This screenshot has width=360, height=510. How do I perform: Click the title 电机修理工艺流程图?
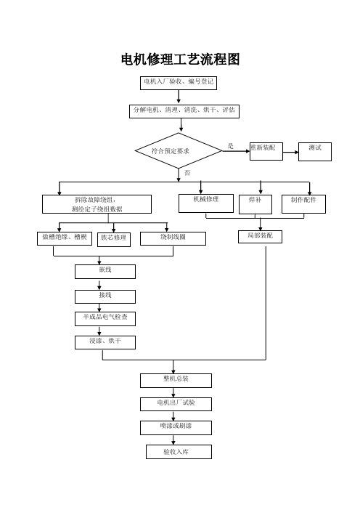(180, 59)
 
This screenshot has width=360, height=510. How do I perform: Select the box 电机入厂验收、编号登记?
(179, 83)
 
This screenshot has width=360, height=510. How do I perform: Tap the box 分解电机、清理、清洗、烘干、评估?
(184, 111)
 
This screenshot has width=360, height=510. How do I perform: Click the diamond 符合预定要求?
(179, 150)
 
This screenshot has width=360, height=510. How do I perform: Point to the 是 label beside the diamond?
(230, 146)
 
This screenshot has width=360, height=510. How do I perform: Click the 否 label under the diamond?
(187, 173)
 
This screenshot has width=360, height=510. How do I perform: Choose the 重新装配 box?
(266, 151)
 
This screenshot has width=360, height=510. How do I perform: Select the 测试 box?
(315, 152)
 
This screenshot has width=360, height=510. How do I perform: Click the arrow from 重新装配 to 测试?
(290, 152)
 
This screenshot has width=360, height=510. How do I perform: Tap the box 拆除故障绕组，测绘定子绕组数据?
(97, 204)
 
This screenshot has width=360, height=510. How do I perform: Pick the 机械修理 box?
(206, 203)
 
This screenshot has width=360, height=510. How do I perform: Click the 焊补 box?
(255, 204)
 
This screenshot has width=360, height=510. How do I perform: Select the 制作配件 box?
(303, 204)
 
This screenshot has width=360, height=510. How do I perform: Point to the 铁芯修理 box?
(114, 240)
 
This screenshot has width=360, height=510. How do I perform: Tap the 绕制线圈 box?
(173, 238)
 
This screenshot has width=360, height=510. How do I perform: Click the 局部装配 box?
(260, 236)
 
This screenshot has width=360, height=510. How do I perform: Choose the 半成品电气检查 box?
(105, 319)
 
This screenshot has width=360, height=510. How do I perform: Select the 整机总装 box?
(176, 381)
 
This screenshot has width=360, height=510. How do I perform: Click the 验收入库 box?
(179, 452)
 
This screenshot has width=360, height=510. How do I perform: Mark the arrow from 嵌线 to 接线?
(99, 284)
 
